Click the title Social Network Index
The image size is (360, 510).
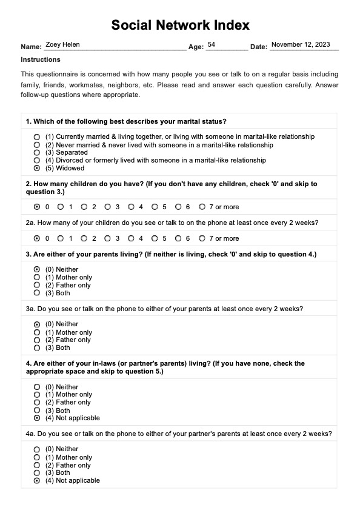click(180, 25)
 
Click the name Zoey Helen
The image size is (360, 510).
click(62, 45)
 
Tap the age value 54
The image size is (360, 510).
click(211, 45)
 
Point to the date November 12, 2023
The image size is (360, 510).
click(301, 45)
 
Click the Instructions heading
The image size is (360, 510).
click(41, 59)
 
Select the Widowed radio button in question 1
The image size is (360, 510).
click(38, 168)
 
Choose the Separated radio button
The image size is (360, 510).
click(38, 153)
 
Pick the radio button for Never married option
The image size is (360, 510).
click(38, 145)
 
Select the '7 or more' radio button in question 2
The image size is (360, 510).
click(202, 207)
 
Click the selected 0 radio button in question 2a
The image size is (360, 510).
click(38, 238)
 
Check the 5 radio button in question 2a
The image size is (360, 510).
click(155, 238)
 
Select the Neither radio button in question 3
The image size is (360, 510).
click(38, 269)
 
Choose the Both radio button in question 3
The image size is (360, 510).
click(38, 293)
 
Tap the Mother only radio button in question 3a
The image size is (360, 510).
click(38, 332)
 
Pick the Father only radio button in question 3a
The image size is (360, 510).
click(38, 340)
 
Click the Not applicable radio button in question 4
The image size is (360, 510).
click(38, 418)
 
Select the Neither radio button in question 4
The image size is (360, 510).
click(38, 387)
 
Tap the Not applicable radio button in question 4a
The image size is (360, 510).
click(38, 480)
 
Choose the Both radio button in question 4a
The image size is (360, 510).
click(38, 472)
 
